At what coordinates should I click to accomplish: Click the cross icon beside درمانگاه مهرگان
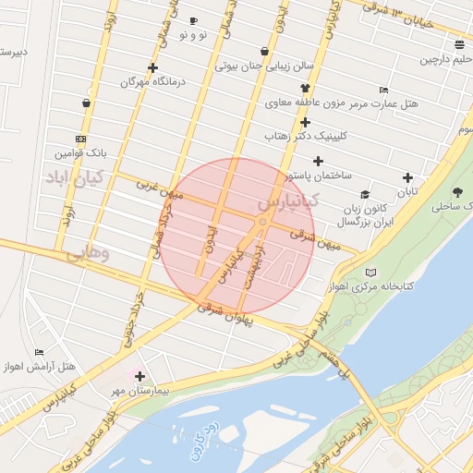coord(152,67)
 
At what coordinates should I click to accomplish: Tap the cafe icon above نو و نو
coord(193,20)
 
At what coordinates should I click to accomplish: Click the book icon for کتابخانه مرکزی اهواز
coord(371,273)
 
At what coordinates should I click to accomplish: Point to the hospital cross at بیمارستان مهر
coord(139,376)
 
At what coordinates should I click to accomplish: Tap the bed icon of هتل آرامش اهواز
coord(39,352)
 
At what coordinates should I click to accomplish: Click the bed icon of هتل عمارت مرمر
coord(384,91)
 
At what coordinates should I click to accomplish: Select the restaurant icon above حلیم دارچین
coord(459,44)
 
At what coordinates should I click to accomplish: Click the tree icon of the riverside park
coord(458,192)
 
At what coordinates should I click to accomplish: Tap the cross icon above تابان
coord(407,177)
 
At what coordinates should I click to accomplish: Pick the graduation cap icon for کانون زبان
coord(365,195)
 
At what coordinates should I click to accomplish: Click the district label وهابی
coord(89,252)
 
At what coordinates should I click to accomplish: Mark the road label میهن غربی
coord(161,190)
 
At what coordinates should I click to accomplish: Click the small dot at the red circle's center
coord(263,223)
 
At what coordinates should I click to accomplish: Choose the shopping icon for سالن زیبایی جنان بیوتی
coord(266,51)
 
